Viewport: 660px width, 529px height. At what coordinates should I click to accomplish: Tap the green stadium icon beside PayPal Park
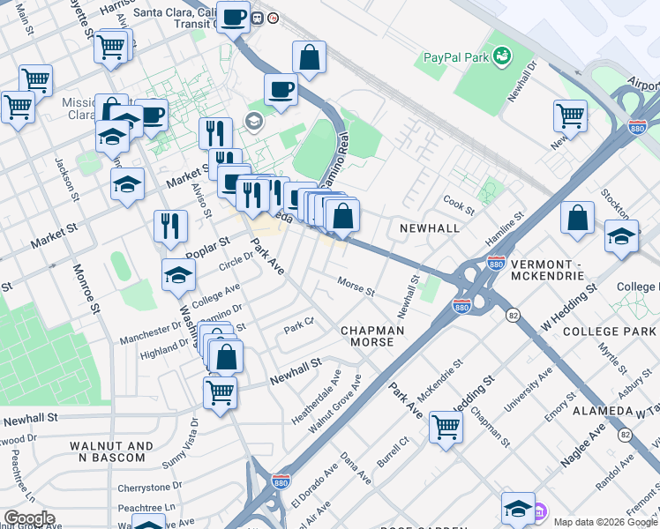pos(502,56)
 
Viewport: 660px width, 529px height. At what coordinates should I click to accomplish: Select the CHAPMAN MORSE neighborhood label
pos(372,336)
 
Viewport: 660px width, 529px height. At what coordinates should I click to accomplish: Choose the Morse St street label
pos(356,287)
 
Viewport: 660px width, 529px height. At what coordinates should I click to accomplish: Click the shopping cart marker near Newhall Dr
pos(571,115)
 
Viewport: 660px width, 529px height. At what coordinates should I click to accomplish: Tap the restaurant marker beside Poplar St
pos(170,226)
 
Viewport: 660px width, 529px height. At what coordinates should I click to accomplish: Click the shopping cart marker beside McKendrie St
pos(446,427)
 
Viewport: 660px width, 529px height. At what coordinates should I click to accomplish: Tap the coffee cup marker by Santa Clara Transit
pos(234,18)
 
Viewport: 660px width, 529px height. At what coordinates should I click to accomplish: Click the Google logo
pos(28,518)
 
